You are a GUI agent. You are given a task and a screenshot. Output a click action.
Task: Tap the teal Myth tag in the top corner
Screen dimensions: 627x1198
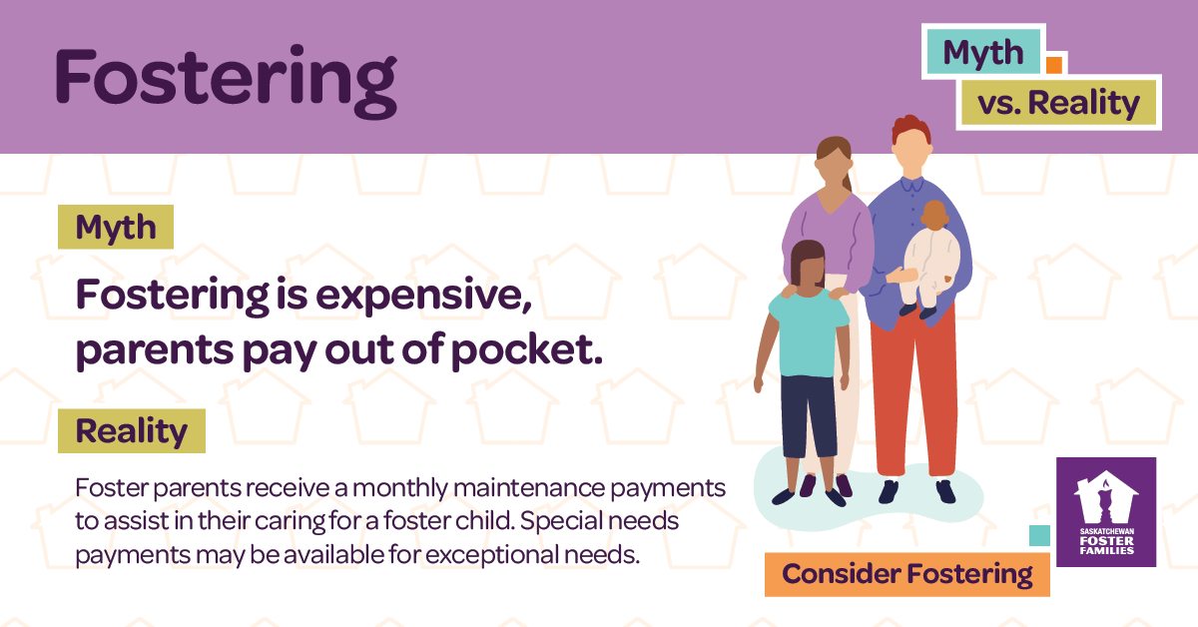(x=983, y=52)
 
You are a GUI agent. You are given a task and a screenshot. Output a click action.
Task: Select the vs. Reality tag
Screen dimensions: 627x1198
(x=1058, y=102)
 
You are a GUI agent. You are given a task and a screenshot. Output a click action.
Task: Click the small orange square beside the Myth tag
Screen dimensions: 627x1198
(x=1052, y=65)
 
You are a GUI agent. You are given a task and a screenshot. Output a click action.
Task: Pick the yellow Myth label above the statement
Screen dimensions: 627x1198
(x=116, y=228)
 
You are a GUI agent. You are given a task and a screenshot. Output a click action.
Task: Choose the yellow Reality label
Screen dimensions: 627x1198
(x=131, y=431)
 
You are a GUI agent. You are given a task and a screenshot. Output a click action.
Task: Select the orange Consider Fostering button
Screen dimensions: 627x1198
(x=906, y=574)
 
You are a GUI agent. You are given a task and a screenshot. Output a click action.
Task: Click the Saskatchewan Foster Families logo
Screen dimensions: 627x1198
(x=1105, y=511)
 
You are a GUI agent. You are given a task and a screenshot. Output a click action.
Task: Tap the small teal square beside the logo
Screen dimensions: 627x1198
(x=1039, y=536)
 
